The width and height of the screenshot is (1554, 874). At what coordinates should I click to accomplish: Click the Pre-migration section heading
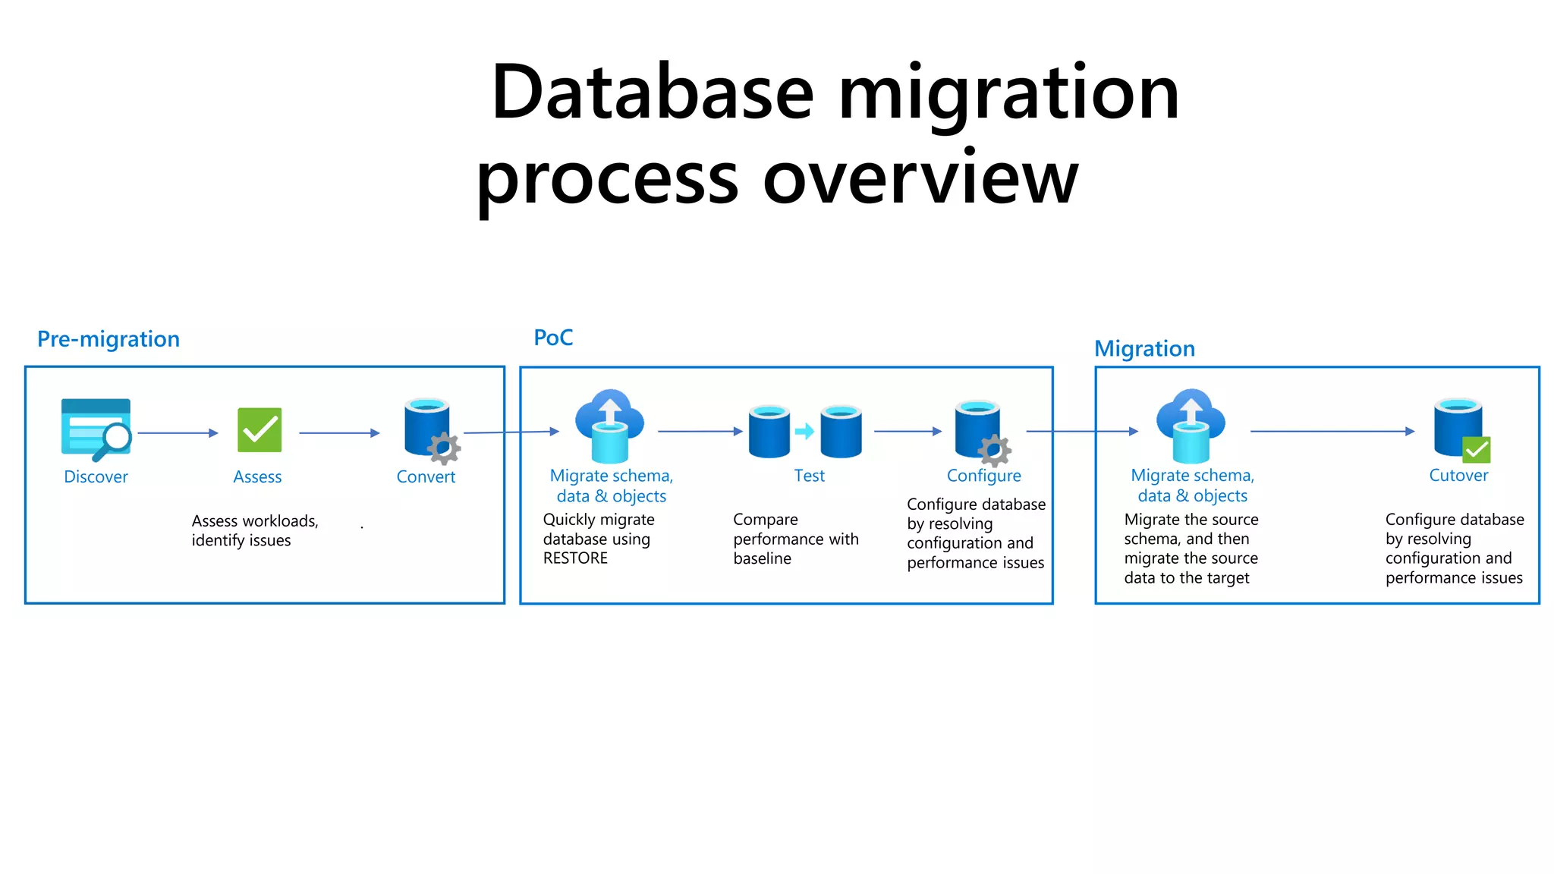[x=109, y=339]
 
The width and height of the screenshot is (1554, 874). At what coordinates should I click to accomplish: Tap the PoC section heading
[x=553, y=338]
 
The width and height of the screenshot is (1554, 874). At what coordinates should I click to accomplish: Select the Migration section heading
[x=1144, y=349]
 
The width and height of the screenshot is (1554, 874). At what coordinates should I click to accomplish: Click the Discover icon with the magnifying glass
[x=96, y=429]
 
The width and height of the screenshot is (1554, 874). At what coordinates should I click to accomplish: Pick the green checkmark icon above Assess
[x=260, y=429]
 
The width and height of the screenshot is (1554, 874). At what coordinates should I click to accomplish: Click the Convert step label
[x=426, y=477]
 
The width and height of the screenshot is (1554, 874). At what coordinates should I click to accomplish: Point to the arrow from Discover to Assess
[x=178, y=433]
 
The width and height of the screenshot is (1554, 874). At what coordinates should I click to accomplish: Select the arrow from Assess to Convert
[x=339, y=433]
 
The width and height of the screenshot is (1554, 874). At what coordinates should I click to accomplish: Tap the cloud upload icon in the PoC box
[x=609, y=425]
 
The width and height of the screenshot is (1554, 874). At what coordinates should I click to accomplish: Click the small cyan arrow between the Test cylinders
[x=804, y=432]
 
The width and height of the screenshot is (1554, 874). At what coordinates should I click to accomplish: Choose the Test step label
[x=809, y=476]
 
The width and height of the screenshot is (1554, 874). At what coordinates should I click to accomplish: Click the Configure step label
[x=983, y=476]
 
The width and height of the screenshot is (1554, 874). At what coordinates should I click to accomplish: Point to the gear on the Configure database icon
[x=994, y=451]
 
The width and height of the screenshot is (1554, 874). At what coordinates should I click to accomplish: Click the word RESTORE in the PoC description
[x=575, y=558]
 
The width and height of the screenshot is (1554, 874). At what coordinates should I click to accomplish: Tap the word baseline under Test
[x=762, y=558]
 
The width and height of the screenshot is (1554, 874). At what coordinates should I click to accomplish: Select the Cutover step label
[x=1458, y=476]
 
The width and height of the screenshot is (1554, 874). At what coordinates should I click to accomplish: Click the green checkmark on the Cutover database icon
[x=1477, y=450]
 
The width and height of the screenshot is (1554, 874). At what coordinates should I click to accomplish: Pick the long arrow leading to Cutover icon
[x=1332, y=432]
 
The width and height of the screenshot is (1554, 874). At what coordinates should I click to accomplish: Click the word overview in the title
[x=920, y=179]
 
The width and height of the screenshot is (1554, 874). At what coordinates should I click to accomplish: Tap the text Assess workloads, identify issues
[x=254, y=530]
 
